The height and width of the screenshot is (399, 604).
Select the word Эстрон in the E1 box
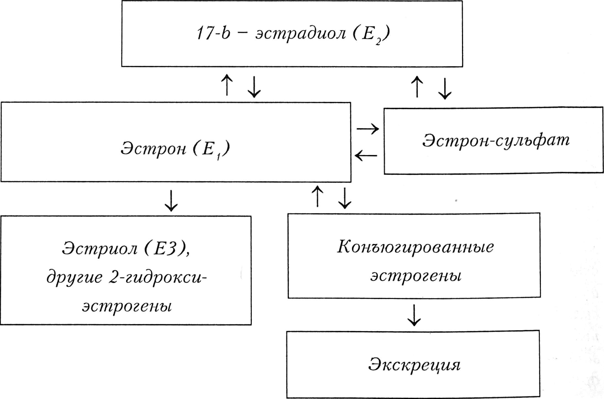point(153,149)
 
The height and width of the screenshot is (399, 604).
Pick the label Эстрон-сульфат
point(496,141)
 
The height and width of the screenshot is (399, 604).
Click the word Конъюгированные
point(415,247)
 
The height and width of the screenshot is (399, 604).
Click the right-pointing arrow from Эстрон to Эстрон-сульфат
point(368,129)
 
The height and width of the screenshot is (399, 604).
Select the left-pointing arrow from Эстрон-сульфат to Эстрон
point(366,156)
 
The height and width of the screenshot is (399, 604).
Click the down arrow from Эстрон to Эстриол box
point(171,201)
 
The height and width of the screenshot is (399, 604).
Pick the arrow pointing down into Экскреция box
point(414,315)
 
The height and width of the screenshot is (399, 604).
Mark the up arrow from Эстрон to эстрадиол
point(227,85)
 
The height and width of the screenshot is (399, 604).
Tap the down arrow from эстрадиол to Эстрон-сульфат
point(445,88)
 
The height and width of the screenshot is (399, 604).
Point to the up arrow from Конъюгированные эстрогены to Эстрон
point(317,196)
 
